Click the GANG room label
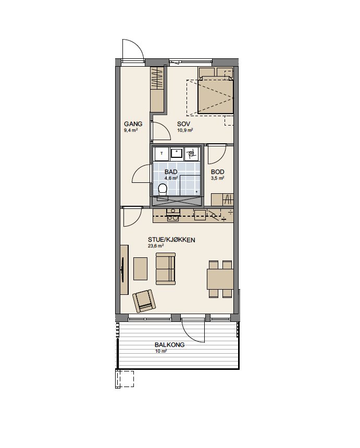133,124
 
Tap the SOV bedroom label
183,124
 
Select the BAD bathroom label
171,172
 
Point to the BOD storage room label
217,172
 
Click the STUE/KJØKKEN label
171,240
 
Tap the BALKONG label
170,345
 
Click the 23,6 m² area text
156,246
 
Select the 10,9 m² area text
185,130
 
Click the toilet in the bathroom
163,190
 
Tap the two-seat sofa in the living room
166,269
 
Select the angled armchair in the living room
144,301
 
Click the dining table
220,279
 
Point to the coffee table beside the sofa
141,269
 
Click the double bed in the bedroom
216,94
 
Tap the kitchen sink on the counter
173,215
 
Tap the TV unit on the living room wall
124,269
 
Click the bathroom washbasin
177,154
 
